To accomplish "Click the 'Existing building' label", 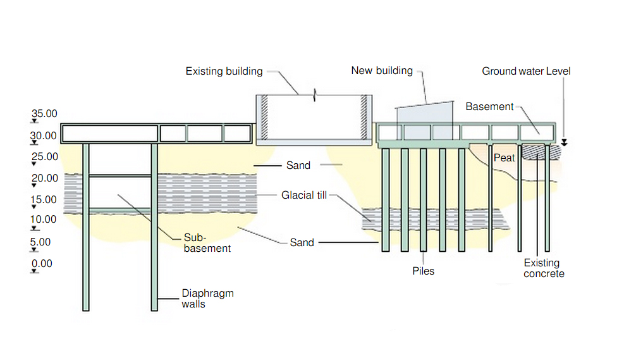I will [x=224, y=71].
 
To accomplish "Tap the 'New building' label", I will [x=382, y=71].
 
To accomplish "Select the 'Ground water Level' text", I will [x=526, y=71].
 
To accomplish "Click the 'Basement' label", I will [x=489, y=106].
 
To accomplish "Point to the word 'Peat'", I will [x=505, y=158].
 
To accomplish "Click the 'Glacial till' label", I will [x=304, y=196].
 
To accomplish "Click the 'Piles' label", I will [x=423, y=271].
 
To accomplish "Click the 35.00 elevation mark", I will [x=44, y=115].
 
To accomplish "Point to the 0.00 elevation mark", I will [x=42, y=263].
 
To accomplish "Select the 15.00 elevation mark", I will [x=44, y=199].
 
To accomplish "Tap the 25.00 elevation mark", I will [x=44, y=156].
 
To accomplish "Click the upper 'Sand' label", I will [x=298, y=166].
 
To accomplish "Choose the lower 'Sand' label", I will [x=302, y=242].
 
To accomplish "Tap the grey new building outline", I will [x=424, y=120].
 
